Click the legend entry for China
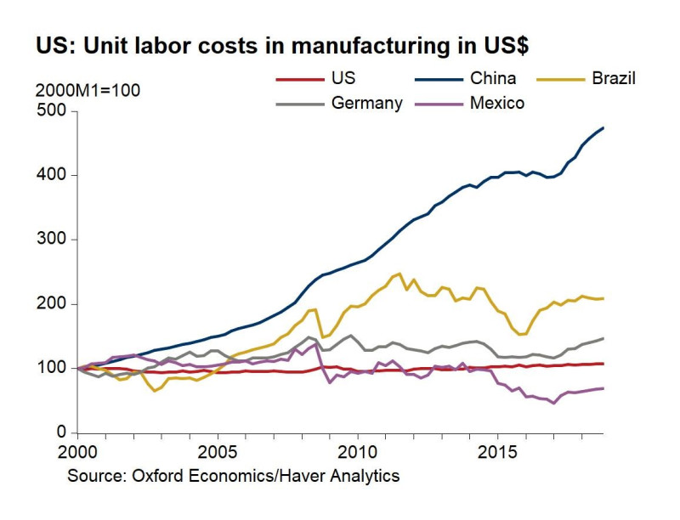pyautogui.click(x=493, y=78)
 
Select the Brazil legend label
pyautogui.click(x=614, y=78)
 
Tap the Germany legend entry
pyautogui.click(x=367, y=104)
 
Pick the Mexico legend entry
pyautogui.click(x=497, y=104)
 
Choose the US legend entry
pyautogui.click(x=343, y=78)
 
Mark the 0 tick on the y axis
pyautogui.click(x=60, y=433)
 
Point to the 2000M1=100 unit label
pyautogui.click(x=88, y=89)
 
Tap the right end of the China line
pyautogui.click(x=603, y=128)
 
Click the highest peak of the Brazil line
pyautogui.click(x=399, y=274)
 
